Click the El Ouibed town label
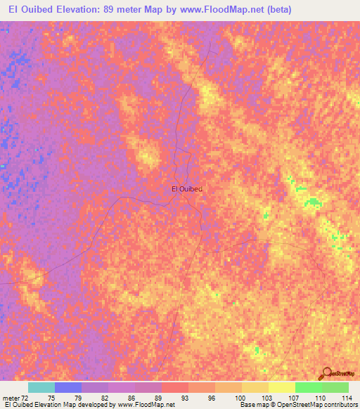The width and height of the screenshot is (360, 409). click(187, 188)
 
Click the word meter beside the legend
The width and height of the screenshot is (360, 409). click(11, 397)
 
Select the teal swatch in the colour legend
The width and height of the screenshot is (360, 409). click(41, 387)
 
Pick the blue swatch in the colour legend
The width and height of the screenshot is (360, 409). click(68, 387)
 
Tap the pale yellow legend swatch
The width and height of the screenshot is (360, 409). click(282, 387)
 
